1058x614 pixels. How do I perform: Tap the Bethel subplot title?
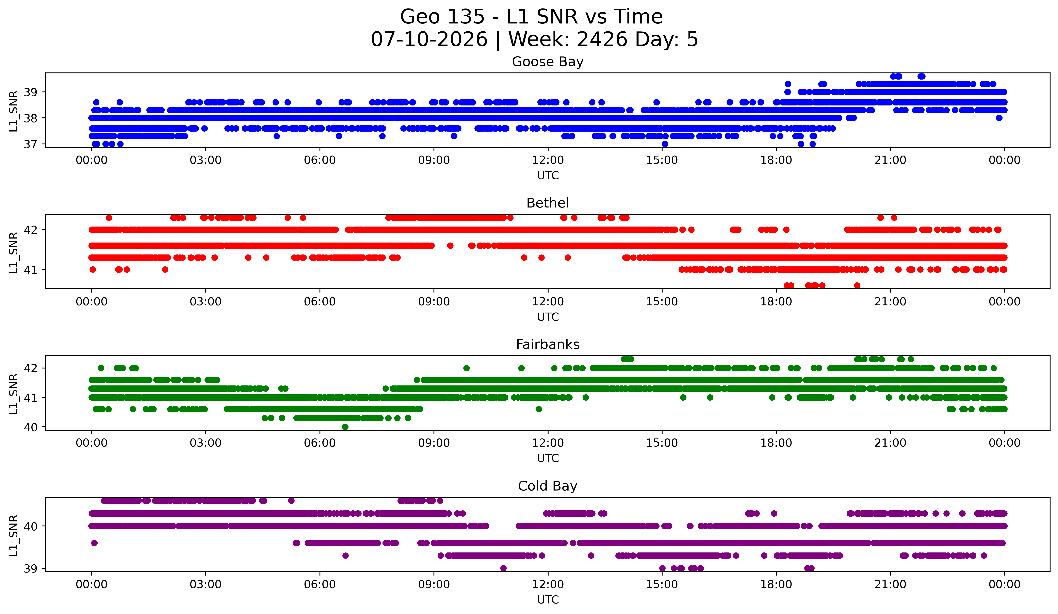pos(548,203)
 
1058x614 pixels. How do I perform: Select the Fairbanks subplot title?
pos(548,345)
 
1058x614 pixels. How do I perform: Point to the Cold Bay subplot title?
pos(548,486)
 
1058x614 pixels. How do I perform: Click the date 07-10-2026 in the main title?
pos(429,39)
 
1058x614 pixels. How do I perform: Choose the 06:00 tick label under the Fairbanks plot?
pos(320,443)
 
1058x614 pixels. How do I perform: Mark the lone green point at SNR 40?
pos(345,427)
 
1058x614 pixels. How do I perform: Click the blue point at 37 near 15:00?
pos(665,144)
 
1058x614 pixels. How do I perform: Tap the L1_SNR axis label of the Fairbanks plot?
pos(13,394)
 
